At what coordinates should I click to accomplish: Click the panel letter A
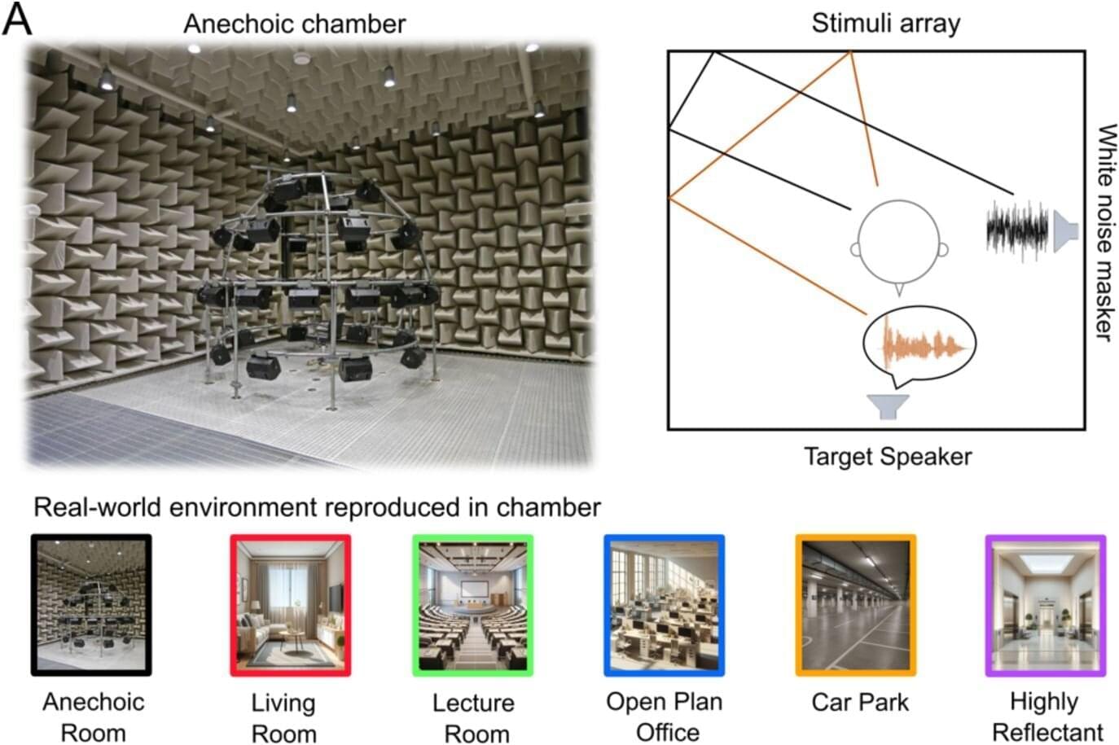pos(17,20)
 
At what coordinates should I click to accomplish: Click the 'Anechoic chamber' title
pos(294,24)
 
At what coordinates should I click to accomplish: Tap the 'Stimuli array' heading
pos(885,23)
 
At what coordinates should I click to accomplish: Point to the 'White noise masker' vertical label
pos(1104,232)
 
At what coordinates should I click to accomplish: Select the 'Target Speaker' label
pos(888,456)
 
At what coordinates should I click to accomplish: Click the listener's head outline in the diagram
pos(900,243)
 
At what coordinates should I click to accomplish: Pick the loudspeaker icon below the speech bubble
pos(887,405)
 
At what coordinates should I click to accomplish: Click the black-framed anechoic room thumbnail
pos(91,605)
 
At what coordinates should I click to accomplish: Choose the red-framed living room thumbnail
pos(290,605)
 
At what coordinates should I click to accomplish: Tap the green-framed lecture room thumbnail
pos(472,605)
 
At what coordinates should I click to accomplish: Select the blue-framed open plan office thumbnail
pos(664,605)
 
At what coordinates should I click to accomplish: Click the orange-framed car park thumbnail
pos(855,605)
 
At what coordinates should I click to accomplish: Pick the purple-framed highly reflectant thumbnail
pos(1045,605)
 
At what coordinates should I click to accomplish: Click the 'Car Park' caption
pos(860,702)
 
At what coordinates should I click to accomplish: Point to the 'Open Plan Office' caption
pos(665,717)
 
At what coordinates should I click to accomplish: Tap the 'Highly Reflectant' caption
pos(1047,717)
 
